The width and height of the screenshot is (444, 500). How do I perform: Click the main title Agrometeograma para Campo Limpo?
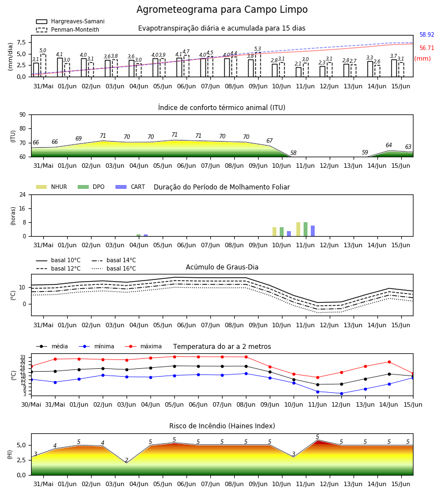click(x=222, y=9)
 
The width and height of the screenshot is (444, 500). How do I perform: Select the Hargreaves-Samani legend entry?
click(x=70, y=21)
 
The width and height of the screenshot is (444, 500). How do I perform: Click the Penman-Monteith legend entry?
click(x=68, y=29)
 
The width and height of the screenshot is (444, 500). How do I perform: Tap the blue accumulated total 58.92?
click(x=427, y=35)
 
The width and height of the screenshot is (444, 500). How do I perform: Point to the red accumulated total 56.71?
click(x=427, y=48)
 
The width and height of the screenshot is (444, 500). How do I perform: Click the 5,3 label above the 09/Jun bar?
click(x=258, y=49)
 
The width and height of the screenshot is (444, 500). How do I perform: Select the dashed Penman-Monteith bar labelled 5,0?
click(x=43, y=66)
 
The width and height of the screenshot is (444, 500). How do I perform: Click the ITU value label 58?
click(x=294, y=153)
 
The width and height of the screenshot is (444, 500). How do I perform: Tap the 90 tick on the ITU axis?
click(x=23, y=115)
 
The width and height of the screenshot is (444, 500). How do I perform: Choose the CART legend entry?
click(x=130, y=187)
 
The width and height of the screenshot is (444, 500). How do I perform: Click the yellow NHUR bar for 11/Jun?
click(x=299, y=229)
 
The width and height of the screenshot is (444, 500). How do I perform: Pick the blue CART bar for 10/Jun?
click(x=289, y=234)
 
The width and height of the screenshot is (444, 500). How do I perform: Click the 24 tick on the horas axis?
click(x=23, y=194)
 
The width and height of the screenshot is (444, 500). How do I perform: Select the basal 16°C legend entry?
click(x=114, y=268)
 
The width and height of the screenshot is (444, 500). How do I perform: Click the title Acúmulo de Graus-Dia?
click(x=222, y=267)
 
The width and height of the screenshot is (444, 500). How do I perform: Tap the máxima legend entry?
click(x=143, y=346)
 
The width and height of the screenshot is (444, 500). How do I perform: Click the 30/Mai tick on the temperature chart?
click(x=31, y=404)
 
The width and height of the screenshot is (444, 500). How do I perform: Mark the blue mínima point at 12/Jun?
click(x=341, y=393)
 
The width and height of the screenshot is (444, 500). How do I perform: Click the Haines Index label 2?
click(x=127, y=460)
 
